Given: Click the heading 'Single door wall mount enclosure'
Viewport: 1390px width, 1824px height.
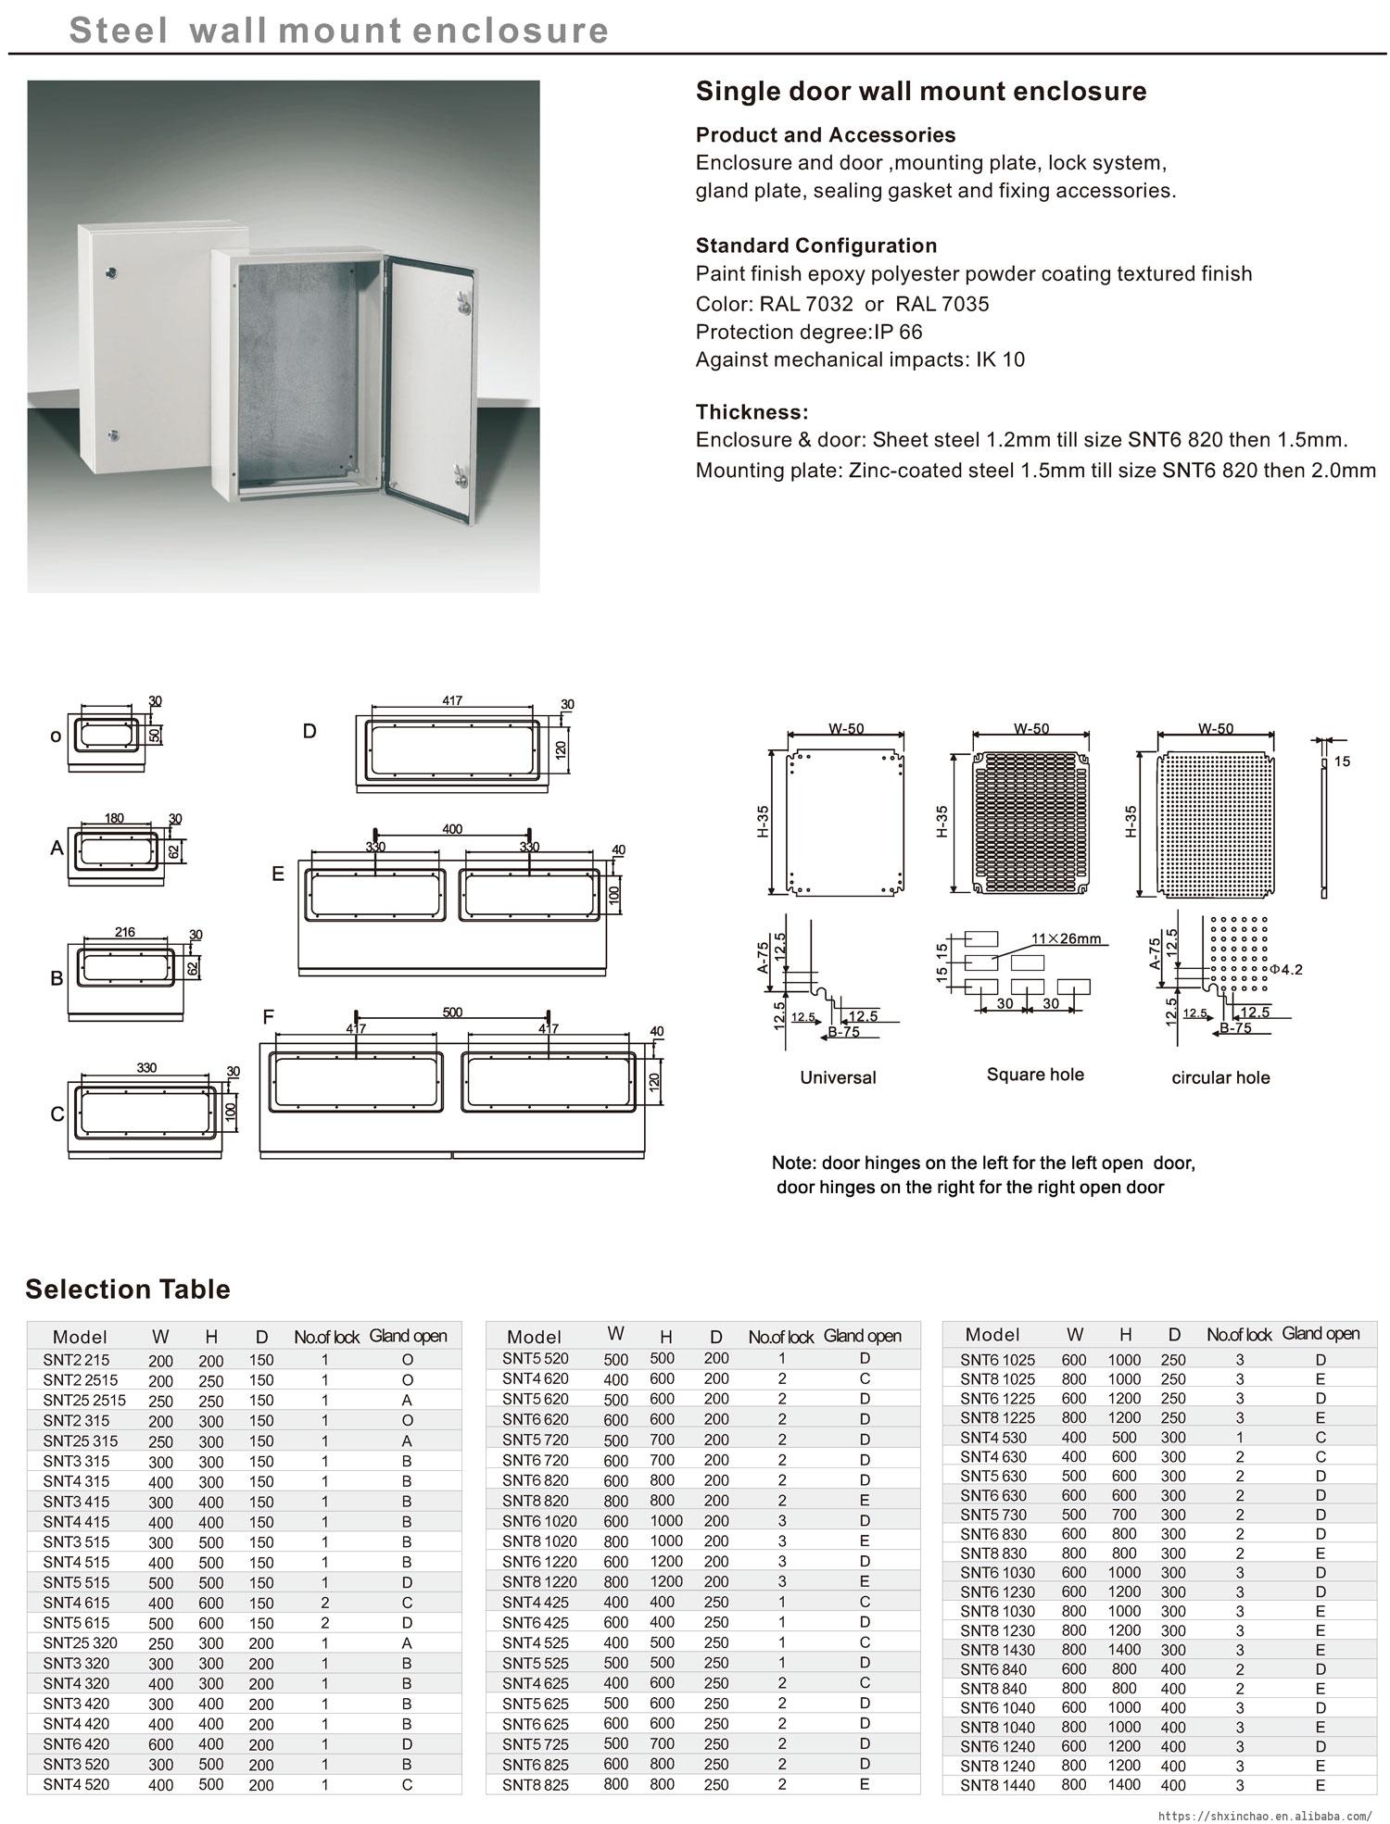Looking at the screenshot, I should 920,92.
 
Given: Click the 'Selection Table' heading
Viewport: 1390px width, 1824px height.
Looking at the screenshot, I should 128,1289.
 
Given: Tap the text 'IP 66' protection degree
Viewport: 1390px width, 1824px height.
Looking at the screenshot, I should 899,332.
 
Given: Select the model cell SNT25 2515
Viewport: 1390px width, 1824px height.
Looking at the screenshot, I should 83,1401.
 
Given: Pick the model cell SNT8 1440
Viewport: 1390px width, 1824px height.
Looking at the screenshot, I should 997,1785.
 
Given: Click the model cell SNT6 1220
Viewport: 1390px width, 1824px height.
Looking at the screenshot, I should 539,1562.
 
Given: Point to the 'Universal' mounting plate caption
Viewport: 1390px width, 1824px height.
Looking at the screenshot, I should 838,1077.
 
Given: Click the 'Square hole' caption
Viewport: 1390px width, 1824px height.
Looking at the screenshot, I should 1035,1075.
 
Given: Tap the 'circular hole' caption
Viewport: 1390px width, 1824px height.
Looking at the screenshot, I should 1220,1077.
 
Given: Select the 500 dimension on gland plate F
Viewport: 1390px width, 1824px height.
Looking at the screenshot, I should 452,1013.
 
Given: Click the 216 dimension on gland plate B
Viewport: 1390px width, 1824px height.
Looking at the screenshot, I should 125,932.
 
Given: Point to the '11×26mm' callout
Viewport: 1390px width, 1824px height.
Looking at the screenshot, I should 1067,938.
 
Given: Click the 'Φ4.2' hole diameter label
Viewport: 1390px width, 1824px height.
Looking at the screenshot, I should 1286,970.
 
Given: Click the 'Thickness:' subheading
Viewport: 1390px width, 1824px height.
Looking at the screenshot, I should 752,412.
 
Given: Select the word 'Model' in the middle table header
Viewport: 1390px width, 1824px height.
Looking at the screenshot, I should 534,1337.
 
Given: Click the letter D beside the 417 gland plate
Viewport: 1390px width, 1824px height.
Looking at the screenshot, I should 310,731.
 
